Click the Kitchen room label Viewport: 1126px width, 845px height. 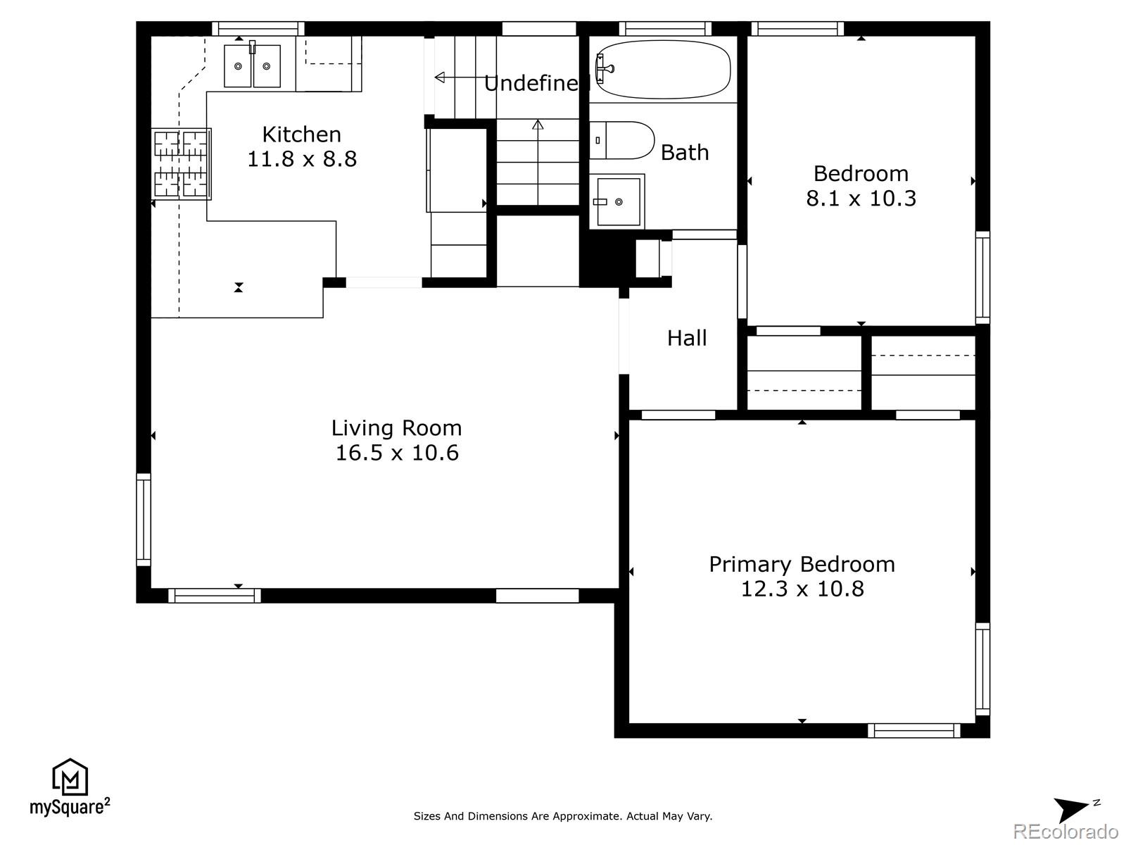coord(302,134)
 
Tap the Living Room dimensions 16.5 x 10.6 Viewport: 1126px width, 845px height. coord(396,453)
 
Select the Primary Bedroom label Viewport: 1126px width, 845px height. coord(802,564)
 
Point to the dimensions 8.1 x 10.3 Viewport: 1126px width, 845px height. coord(861,198)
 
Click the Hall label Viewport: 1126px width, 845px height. coord(687,338)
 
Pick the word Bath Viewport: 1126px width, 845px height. coord(685,152)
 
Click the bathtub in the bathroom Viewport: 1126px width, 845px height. coord(663,69)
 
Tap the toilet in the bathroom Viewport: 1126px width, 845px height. coord(621,140)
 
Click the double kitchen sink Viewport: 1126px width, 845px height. coord(253,65)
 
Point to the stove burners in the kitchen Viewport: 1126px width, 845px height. coord(181,163)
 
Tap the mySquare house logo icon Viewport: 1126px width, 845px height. coord(70,777)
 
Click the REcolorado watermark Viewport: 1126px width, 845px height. coord(1065,830)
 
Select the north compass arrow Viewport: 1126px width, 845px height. coord(1072,809)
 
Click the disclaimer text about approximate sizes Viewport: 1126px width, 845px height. coord(563,815)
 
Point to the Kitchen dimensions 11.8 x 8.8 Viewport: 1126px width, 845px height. coord(302,159)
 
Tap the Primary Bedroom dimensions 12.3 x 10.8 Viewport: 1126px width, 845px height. coord(802,589)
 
